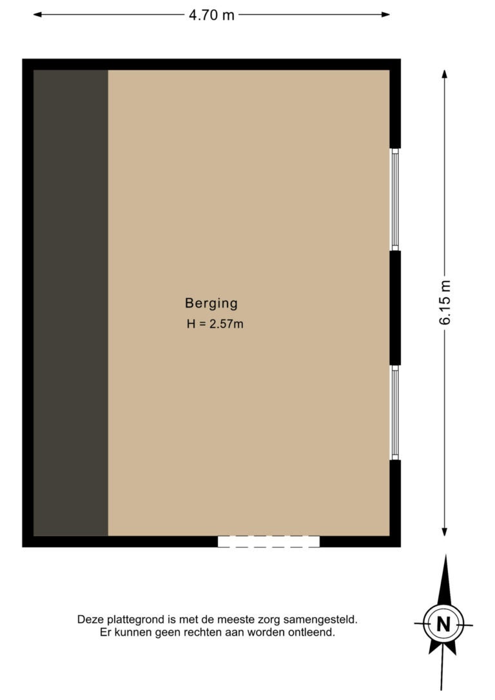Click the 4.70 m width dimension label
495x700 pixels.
click(x=211, y=15)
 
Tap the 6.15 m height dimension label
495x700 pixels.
click(x=445, y=302)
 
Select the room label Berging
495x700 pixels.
click(x=211, y=303)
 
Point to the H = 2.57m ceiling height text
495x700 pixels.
click(x=215, y=324)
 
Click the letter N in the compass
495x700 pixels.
click(x=443, y=624)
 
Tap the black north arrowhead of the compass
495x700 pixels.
click(x=445, y=579)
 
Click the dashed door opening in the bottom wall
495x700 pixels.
click(x=269, y=541)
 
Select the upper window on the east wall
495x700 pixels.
click(x=395, y=200)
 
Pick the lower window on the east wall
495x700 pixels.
click(x=395, y=413)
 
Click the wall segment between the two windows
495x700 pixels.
click(x=395, y=308)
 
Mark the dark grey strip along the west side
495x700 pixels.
click(x=70, y=303)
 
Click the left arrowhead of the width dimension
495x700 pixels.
click(x=37, y=15)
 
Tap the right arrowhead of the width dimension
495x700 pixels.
click(x=385, y=15)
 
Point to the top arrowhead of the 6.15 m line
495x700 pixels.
click(x=445, y=74)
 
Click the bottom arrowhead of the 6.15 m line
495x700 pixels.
click(x=445, y=532)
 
